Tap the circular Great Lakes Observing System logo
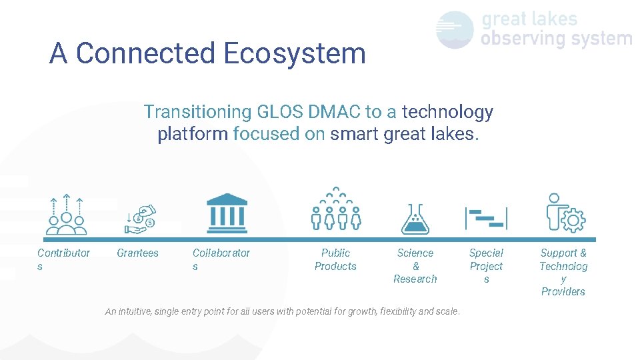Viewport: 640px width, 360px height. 455,29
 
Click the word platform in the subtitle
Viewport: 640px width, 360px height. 192,134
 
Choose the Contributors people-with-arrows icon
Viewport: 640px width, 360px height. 65,215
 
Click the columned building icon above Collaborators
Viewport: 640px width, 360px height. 227,211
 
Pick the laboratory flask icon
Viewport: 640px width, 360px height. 415,219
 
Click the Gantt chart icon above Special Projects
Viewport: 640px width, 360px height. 486,218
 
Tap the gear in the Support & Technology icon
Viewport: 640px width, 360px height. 571,220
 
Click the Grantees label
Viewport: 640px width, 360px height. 137,253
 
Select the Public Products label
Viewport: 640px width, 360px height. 335,259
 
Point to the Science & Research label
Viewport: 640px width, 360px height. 415,265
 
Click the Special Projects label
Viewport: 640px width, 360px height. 486,265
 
